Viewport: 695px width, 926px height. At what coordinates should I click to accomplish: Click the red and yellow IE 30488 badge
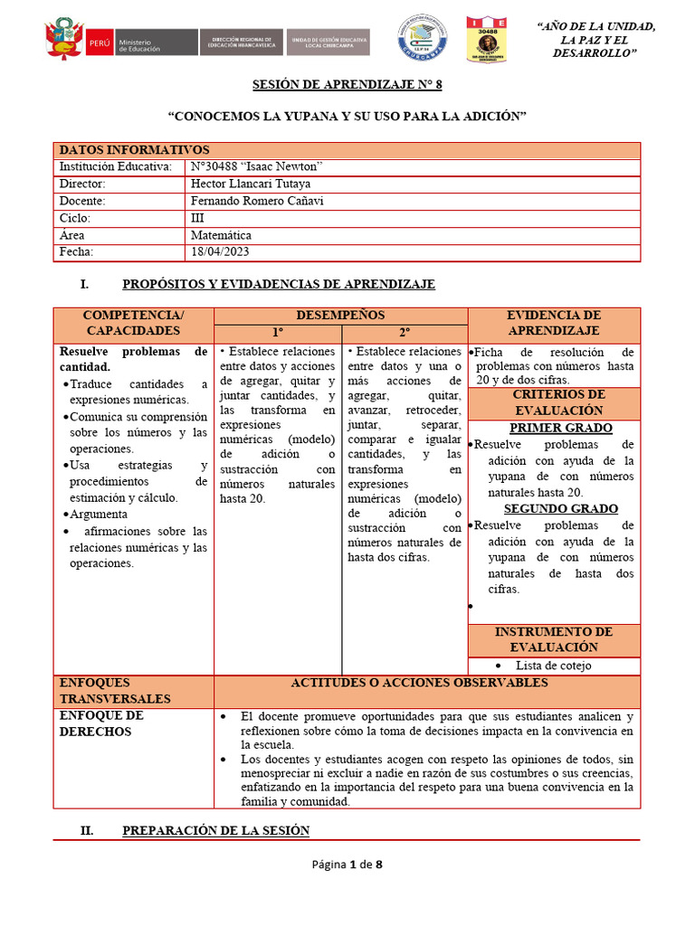(486, 40)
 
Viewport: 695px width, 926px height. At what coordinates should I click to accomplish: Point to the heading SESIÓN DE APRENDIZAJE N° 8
(347, 85)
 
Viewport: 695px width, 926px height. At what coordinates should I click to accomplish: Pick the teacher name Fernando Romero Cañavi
(257, 201)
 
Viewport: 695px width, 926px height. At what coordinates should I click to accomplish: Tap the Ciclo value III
(198, 218)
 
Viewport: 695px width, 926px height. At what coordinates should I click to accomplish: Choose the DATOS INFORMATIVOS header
(134, 150)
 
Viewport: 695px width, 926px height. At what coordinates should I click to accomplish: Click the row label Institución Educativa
(115, 167)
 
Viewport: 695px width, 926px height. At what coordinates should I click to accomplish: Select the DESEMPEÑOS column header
(340, 316)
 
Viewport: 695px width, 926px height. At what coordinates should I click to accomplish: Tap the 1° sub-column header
(278, 332)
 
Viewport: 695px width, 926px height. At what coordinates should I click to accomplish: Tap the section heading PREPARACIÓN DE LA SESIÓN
(215, 830)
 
